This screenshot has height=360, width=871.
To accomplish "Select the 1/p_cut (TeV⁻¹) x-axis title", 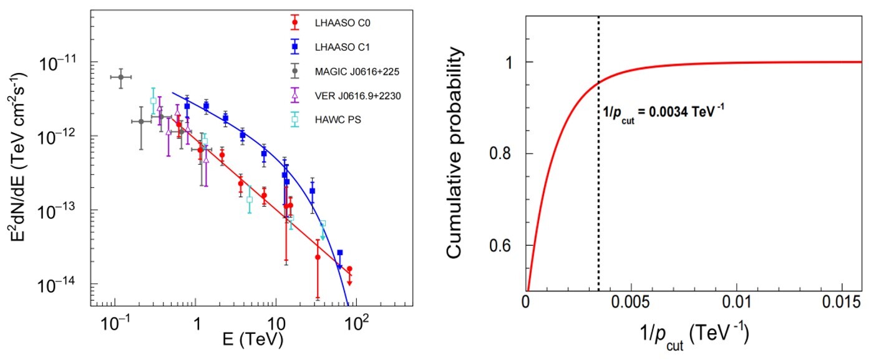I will pos(686,341).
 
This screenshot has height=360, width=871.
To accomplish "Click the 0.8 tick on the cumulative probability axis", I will pos(510,153).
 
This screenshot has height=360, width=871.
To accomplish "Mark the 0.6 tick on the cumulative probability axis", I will pos(510,245).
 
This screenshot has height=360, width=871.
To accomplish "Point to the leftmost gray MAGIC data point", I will pos(120,77).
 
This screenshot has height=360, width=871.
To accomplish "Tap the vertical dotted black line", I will pos(599,187).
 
